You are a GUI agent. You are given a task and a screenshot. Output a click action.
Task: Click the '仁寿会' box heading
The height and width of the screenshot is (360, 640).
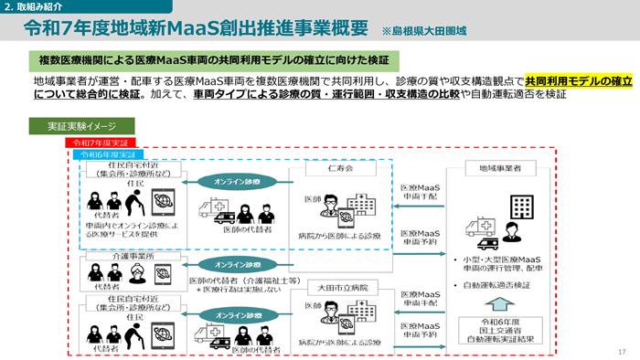[x=337, y=170]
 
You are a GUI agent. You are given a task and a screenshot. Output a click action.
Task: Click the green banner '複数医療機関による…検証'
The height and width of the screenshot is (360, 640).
[x=213, y=61]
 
